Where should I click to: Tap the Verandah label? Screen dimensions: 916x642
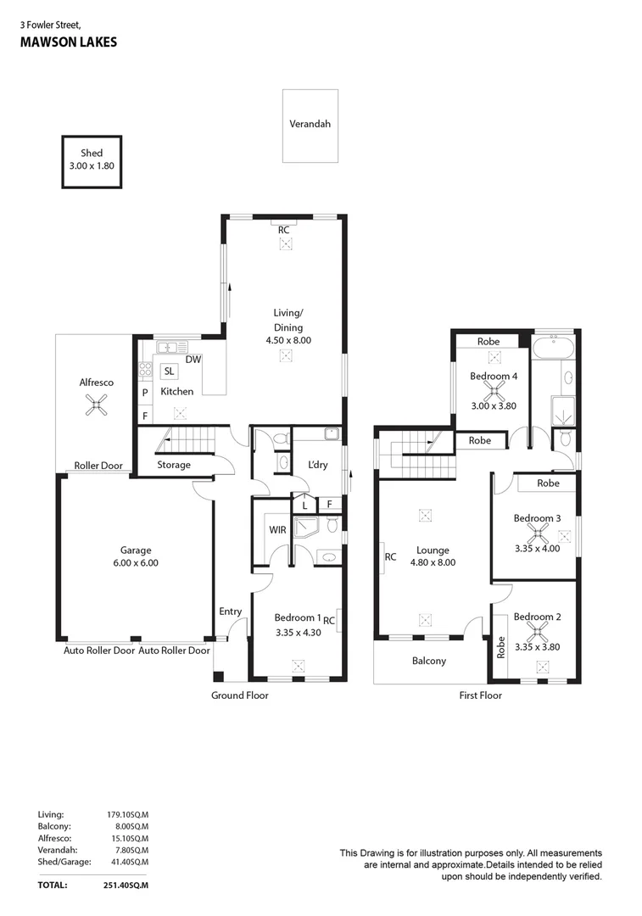point(310,124)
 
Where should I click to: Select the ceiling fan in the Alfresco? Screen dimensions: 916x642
point(98,408)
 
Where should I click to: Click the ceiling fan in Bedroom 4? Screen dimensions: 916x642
point(492,391)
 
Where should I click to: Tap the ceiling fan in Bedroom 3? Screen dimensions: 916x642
point(536,533)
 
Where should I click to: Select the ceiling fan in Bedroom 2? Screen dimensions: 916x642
point(536,632)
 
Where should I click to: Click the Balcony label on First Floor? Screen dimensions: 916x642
point(429,662)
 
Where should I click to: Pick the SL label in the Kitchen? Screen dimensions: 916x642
point(169,371)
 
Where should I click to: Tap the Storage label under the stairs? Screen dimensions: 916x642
point(174,465)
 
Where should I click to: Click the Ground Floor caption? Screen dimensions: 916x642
point(240,695)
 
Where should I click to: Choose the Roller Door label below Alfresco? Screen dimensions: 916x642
point(99,466)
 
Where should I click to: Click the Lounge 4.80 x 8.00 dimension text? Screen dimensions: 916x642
point(433,561)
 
